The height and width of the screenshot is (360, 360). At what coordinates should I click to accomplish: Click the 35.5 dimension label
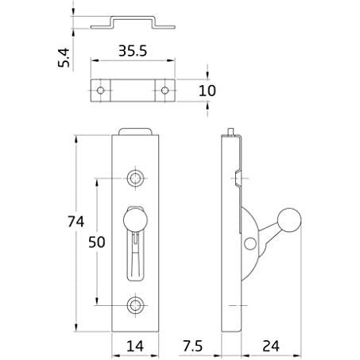tap(133, 51)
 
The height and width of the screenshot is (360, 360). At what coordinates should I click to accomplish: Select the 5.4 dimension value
tap(64, 57)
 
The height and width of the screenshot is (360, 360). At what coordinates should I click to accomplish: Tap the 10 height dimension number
tap(207, 91)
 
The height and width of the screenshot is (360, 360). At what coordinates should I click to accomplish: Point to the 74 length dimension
tap(75, 222)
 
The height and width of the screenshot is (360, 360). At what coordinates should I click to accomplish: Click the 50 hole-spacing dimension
tap(97, 242)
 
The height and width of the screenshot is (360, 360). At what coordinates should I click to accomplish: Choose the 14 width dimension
tap(135, 346)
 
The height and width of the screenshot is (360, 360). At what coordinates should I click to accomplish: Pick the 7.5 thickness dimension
tap(192, 346)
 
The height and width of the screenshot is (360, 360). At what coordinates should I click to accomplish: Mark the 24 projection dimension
tap(271, 346)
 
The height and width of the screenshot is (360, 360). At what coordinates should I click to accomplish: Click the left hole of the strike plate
tap(100, 91)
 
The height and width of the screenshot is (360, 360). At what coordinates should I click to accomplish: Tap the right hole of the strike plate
tap(165, 91)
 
